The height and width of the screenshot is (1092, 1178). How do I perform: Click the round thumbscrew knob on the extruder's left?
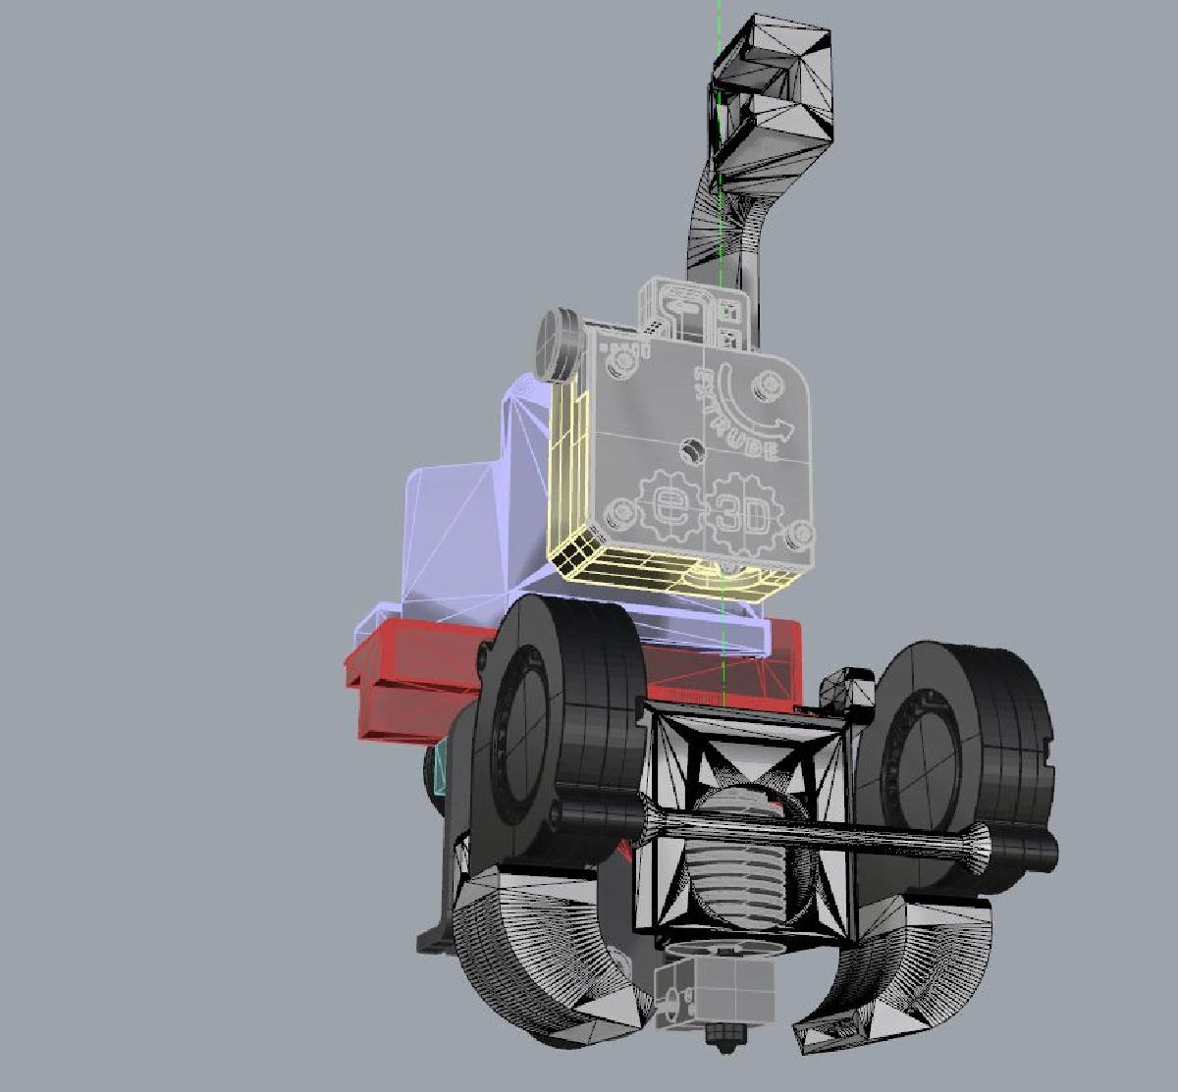555,343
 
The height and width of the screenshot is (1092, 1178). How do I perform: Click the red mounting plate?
412,687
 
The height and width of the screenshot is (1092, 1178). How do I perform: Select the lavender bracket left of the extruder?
461,530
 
